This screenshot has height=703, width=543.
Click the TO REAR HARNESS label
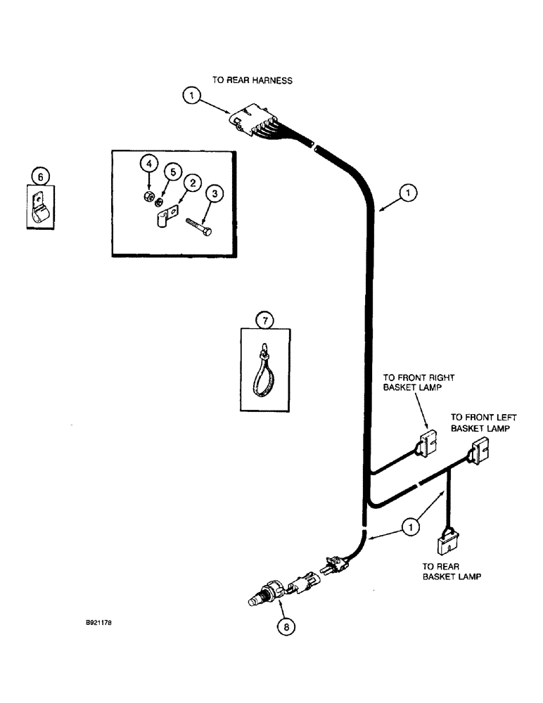point(252,81)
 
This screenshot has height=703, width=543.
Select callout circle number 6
point(40,176)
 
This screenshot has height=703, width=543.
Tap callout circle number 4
point(148,164)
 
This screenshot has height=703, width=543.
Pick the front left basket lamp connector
point(482,449)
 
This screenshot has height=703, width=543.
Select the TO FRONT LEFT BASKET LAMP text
point(480,422)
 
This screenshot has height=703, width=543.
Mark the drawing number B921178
point(95,621)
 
